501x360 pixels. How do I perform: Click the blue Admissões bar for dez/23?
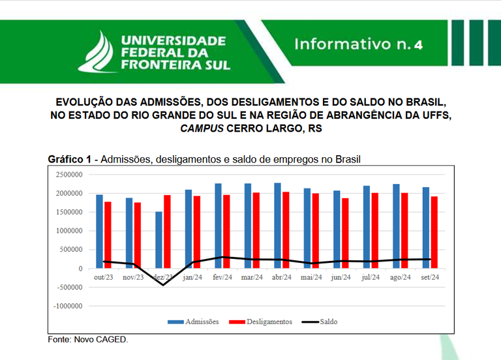click(159, 239)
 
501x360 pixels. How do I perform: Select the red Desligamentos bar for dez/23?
click(166, 232)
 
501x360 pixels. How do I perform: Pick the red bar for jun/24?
click(344, 233)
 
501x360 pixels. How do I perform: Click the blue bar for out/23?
click(99, 231)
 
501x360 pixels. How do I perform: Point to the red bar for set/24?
click(434, 232)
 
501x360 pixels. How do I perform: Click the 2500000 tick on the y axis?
click(68, 175)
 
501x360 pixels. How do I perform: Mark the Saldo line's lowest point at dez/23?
click(162, 285)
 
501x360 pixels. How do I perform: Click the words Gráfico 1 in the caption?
click(69, 159)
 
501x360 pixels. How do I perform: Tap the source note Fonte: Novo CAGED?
click(88, 340)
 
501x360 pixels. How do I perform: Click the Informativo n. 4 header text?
click(358, 44)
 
